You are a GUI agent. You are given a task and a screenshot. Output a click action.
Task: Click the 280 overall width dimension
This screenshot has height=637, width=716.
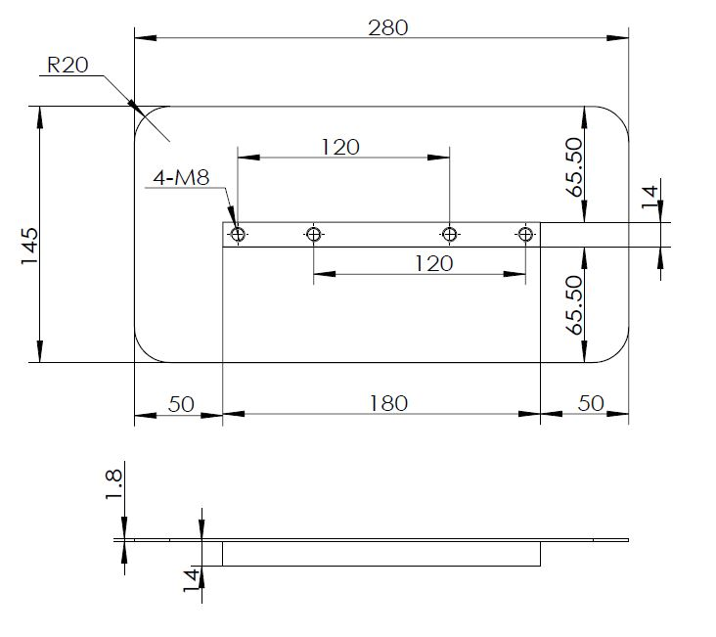387,27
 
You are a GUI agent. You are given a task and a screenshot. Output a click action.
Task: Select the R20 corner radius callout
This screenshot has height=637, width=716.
68,66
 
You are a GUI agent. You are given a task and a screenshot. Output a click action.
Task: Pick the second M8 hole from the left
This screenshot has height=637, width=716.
314,234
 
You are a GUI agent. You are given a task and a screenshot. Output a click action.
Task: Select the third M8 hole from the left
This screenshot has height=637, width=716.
449,234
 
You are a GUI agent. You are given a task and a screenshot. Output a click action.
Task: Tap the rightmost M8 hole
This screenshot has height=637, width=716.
525,234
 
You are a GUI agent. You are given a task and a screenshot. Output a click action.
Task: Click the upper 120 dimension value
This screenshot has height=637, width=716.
339,147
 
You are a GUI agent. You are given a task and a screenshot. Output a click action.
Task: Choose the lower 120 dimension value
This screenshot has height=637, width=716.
433,263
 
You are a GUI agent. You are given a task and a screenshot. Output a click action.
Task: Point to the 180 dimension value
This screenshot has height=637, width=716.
388,402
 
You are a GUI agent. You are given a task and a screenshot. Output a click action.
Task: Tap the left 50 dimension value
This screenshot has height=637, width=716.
182,402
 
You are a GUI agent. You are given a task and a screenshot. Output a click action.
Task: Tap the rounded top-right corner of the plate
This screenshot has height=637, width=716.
616,118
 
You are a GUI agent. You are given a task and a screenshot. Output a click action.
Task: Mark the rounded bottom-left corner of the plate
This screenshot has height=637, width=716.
146,350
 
